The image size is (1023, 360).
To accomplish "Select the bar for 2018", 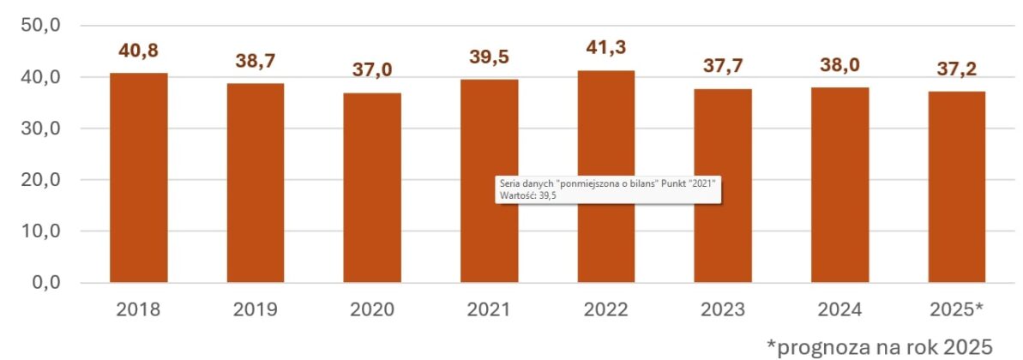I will pos(138,177).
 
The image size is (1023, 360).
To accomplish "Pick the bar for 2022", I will pos(606,176).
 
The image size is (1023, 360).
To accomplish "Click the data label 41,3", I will pos(606,49).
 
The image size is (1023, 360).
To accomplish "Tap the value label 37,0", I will pos(372,71).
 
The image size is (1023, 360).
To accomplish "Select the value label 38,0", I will pos(839,66).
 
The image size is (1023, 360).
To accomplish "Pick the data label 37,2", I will pos(956,69).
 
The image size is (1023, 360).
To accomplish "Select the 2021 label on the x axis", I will pos(489,309).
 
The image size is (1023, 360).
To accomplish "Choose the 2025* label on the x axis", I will pos(956,309).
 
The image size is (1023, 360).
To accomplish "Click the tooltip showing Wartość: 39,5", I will pos(607,189).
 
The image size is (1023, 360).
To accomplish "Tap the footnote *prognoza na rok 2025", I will pos(880,346).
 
